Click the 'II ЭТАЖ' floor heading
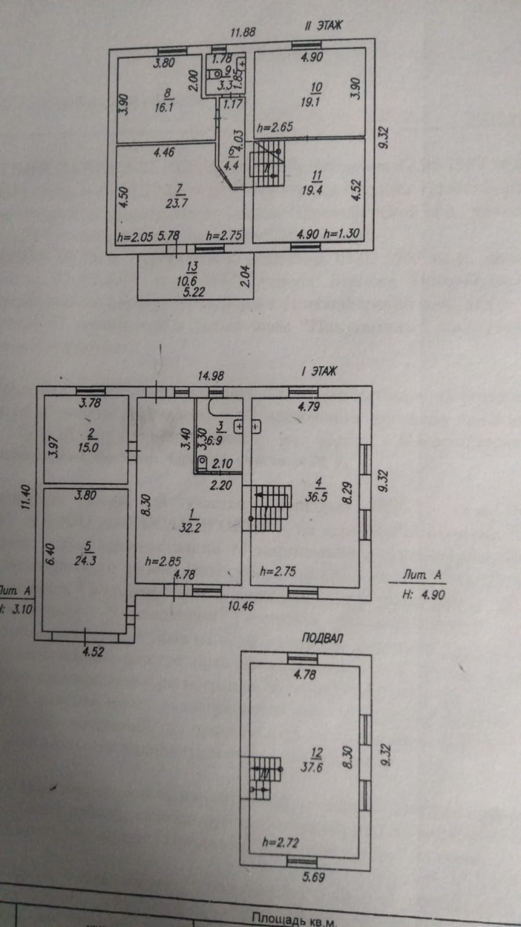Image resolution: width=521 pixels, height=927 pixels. click(x=323, y=26)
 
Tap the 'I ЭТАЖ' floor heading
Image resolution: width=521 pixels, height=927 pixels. click(x=319, y=371)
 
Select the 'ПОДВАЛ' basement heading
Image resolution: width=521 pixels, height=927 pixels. click(x=322, y=638)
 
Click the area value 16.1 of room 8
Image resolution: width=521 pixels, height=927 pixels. click(x=164, y=107)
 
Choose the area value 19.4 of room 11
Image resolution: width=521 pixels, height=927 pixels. click(x=312, y=190)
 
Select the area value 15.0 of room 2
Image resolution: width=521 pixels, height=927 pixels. click(x=88, y=447)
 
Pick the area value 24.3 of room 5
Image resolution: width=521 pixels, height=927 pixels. click(x=85, y=561)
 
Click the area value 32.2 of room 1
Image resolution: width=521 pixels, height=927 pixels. click(x=190, y=528)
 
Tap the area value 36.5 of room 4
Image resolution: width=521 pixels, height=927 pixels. click(x=316, y=497)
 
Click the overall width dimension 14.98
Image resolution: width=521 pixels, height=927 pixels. click(x=210, y=376)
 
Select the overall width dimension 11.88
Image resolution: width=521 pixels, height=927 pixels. click(x=243, y=32)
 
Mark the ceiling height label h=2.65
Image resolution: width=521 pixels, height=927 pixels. click(x=275, y=127)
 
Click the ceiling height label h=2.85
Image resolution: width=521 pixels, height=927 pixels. click(x=163, y=561)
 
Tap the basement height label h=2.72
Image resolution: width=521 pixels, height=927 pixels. click(x=280, y=842)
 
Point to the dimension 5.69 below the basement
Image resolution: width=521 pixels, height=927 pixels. click(x=314, y=877)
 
